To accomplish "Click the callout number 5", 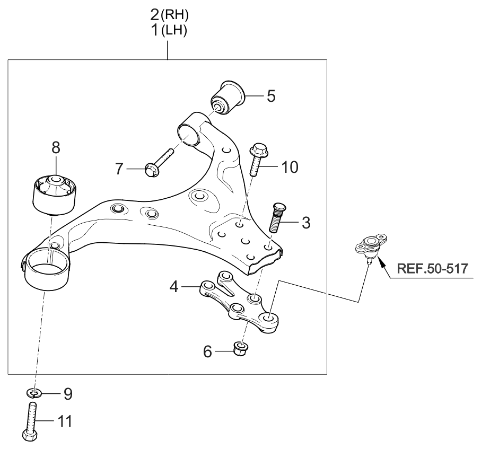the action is [271, 96].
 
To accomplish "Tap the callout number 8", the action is [56, 147].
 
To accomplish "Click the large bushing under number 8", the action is [55, 194].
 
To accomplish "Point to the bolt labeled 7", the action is [159, 163].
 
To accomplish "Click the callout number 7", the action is [119, 169].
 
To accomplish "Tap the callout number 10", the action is [290, 167].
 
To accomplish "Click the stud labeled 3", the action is [277, 217].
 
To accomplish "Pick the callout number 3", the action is [306, 223].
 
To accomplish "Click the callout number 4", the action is [174, 287].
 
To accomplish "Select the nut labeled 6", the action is [241, 349].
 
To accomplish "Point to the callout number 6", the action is [207, 351].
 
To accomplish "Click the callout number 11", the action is [65, 421].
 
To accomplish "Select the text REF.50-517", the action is [433, 269].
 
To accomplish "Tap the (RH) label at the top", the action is [174, 15].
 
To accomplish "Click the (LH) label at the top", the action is [173, 30].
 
